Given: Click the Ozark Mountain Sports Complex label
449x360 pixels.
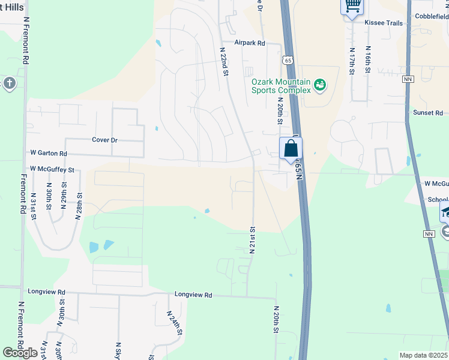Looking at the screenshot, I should (280, 86).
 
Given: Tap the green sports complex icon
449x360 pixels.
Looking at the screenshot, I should (320, 85).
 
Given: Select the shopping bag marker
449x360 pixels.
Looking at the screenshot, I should (291, 148).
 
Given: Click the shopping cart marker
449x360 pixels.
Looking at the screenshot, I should (352, 6).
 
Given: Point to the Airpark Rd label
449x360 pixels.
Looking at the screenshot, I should (250, 43).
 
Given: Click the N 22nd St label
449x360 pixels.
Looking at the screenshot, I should (224, 62).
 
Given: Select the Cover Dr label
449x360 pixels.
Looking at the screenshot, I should (104, 140).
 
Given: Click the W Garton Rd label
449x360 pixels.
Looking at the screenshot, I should (48, 154).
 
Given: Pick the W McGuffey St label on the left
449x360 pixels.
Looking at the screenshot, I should (52, 170).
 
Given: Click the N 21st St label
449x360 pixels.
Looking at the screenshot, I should (253, 239).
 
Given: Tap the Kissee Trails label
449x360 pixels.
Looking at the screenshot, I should (383, 22).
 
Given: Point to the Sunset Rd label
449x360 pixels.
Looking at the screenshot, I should (427, 113).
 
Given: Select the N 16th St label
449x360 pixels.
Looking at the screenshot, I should (368, 58).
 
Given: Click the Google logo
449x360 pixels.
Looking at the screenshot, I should (20, 353).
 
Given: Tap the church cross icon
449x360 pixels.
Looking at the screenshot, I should (9, 83).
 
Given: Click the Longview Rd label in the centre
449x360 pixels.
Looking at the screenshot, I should (193, 295).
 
